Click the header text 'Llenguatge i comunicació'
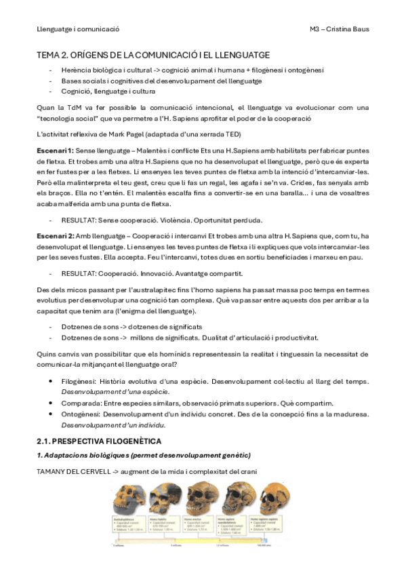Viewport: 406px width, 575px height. pos(77,29)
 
